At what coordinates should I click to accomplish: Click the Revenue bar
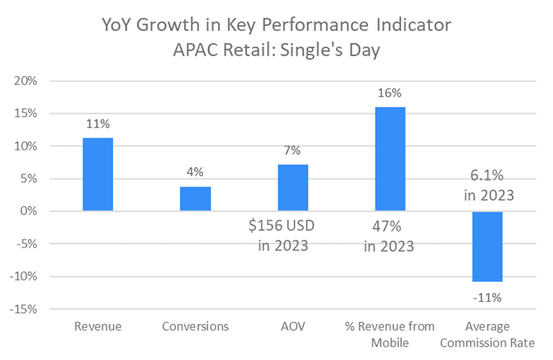tap(98, 174)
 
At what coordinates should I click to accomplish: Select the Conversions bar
tap(195, 199)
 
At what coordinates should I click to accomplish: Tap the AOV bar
tap(292, 188)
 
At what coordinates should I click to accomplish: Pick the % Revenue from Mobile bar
tap(389, 159)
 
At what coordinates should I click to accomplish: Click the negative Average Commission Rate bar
tap(487, 246)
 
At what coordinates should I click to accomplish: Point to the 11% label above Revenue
tap(98, 124)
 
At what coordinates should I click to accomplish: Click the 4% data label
tap(195, 172)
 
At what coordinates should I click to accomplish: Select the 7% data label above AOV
tap(292, 151)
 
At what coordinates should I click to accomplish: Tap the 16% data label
tap(389, 93)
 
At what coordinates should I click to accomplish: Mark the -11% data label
tap(487, 297)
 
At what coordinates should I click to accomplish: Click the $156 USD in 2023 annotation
tap(283, 235)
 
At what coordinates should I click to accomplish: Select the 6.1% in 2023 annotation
tap(488, 185)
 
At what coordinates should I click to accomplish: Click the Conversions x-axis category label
tap(195, 326)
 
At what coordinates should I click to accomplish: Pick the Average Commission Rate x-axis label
tap(487, 334)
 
